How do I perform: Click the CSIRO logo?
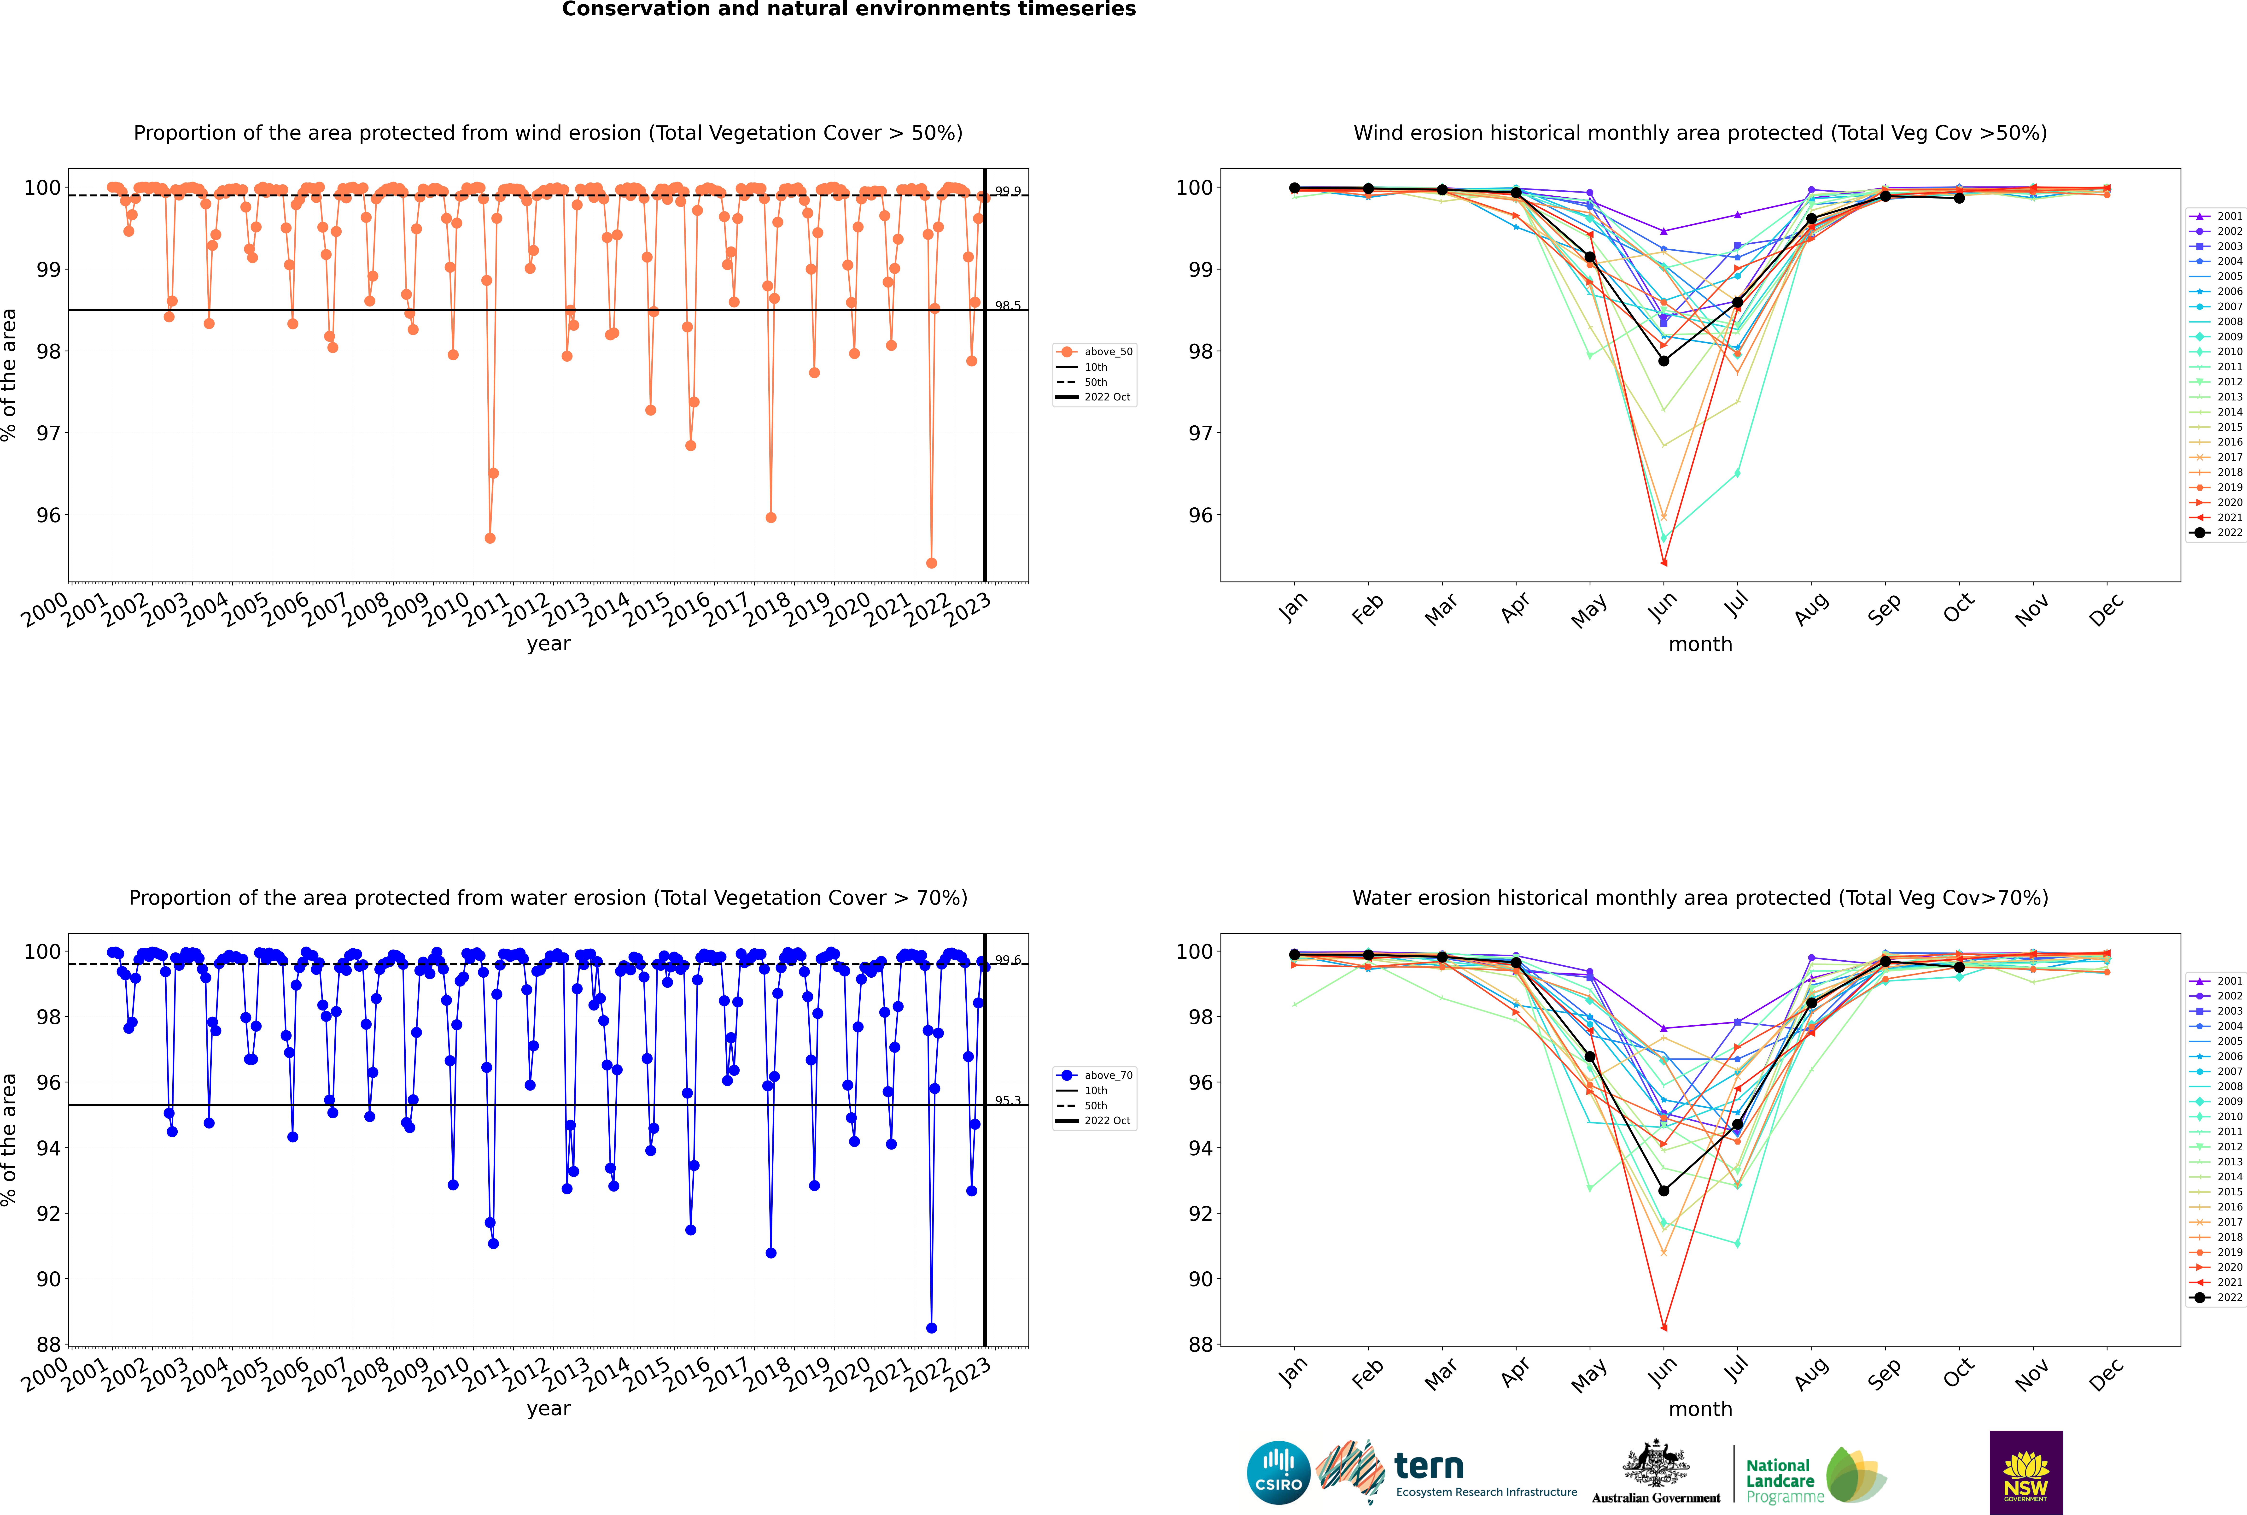tap(1278, 1473)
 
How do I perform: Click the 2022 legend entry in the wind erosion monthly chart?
tap(2216, 532)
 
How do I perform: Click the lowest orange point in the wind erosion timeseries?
tap(931, 563)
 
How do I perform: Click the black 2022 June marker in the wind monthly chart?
tap(1663, 361)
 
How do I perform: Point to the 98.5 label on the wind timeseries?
tap(1008, 305)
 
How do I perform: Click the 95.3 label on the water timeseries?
tap(1008, 1100)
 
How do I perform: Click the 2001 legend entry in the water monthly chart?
tap(2216, 981)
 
